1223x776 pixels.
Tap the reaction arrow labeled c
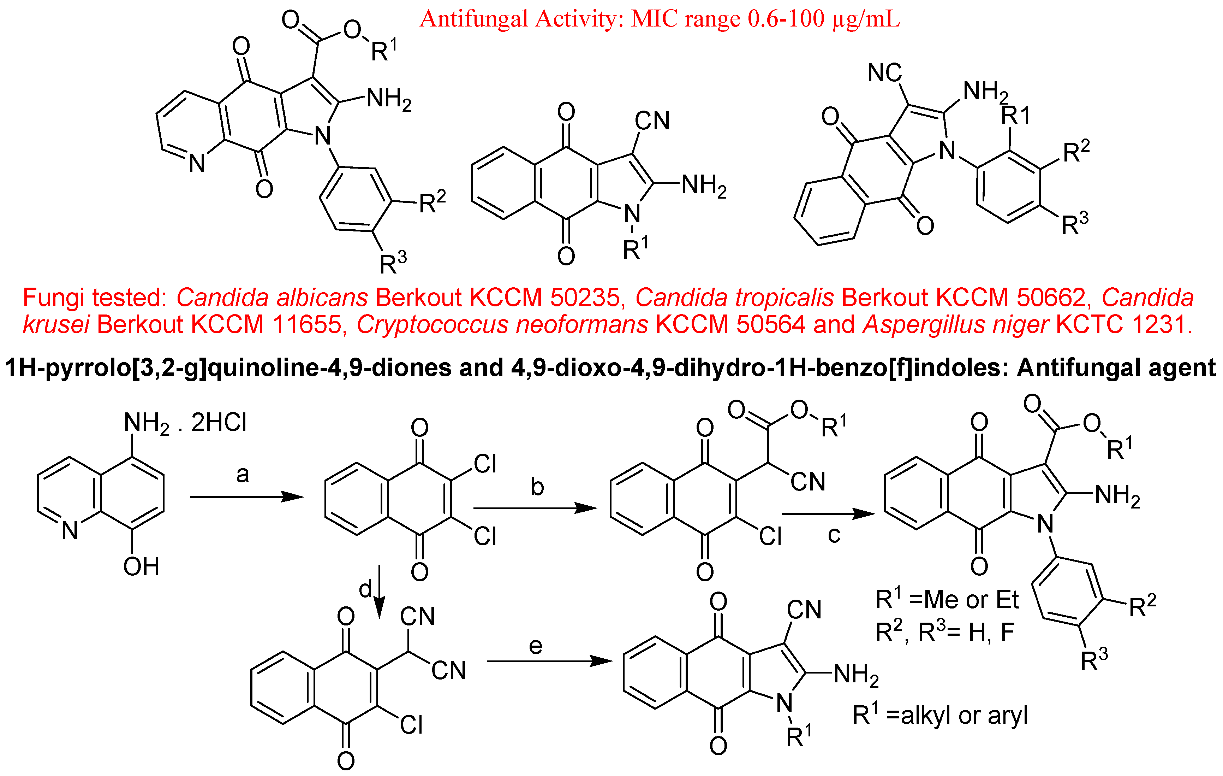[828, 514]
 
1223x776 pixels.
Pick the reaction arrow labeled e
[549, 661]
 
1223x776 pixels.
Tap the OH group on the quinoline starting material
[141, 566]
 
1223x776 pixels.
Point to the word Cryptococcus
[502, 325]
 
